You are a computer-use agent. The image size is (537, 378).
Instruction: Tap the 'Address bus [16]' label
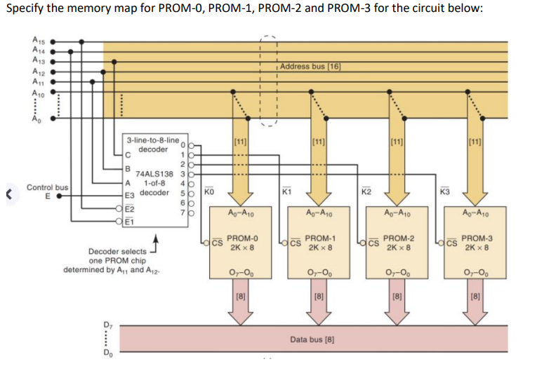pyautogui.click(x=310, y=67)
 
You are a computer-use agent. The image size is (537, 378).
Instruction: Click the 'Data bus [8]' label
pyautogui.click(x=312, y=339)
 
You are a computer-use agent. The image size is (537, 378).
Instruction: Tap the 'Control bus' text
pyautogui.click(x=47, y=187)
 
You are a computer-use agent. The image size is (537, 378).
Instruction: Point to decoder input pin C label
pyautogui.click(x=127, y=154)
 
